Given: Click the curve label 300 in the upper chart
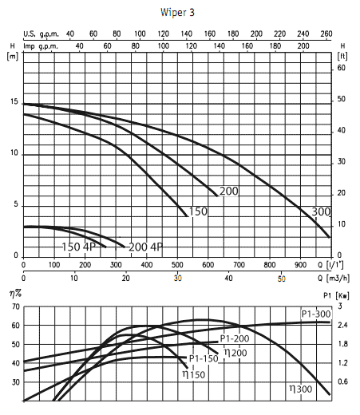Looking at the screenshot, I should [x=320, y=211].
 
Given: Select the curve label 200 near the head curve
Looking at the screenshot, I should [x=229, y=192].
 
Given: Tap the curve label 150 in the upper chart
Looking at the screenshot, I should [x=199, y=211].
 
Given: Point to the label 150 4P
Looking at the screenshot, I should [x=79, y=247].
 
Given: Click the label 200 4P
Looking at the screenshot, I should [x=144, y=247].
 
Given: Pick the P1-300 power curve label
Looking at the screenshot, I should [x=315, y=313].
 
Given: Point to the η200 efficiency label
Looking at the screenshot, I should [x=233, y=352].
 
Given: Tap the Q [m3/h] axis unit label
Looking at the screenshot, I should [x=331, y=279].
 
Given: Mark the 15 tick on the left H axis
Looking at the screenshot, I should [x=13, y=102].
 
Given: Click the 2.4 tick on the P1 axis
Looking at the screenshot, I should [x=344, y=325].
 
